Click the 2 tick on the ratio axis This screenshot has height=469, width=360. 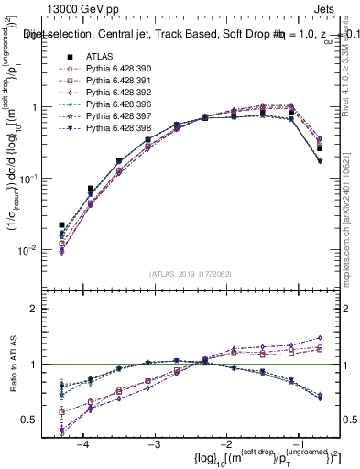pos(42,309)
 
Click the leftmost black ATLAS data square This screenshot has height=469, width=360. pos(61,224)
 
